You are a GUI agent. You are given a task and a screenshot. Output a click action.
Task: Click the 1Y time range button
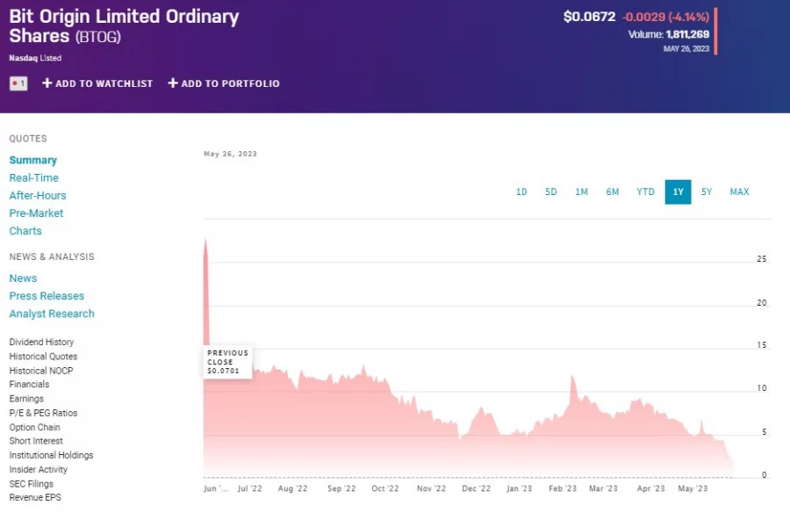[678, 191]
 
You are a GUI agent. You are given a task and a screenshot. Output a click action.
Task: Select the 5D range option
[550, 191]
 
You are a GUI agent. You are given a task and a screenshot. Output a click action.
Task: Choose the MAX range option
[739, 191]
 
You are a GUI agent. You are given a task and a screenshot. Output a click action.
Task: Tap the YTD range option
[645, 191]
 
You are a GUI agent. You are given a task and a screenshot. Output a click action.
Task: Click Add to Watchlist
[97, 83]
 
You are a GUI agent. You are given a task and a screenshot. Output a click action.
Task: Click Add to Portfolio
[224, 83]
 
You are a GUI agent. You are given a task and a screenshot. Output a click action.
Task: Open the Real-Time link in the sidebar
[33, 177]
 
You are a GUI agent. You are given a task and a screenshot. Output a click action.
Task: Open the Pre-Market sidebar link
[36, 213]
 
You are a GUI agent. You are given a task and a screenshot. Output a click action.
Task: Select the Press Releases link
[47, 296]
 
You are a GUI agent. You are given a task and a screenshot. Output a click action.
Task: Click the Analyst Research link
[52, 314]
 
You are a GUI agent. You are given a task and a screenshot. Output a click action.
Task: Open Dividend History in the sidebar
[41, 343]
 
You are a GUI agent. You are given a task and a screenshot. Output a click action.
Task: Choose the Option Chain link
[34, 427]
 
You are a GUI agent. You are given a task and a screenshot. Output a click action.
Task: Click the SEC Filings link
[31, 484]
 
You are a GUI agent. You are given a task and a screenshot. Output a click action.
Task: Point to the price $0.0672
[590, 17]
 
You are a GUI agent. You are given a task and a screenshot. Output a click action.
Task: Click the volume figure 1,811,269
[687, 34]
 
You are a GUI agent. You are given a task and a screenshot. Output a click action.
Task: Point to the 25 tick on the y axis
[761, 259]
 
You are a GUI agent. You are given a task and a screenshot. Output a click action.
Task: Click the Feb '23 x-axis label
[562, 488]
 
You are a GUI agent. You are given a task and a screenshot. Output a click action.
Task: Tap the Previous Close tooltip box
[227, 362]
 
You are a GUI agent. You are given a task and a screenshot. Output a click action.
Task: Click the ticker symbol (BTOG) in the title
[97, 37]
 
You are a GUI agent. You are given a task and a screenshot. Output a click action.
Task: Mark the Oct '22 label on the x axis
[384, 488]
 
